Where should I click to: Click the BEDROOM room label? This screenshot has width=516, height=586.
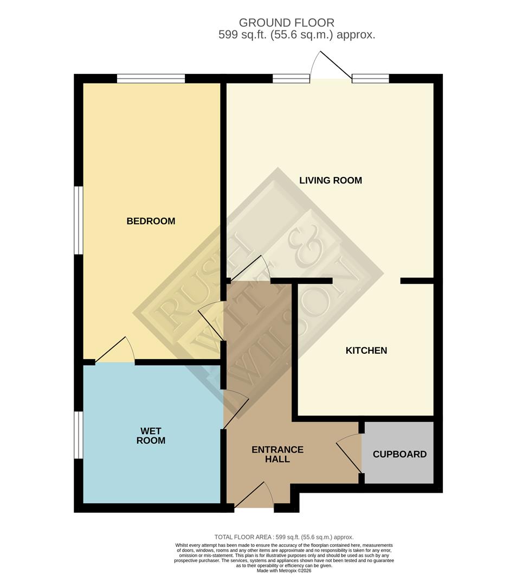click(x=151, y=221)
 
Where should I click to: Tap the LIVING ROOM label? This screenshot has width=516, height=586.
click(x=330, y=180)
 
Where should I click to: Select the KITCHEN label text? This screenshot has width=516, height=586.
click(x=366, y=351)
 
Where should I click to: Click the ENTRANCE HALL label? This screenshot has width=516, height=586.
click(x=278, y=454)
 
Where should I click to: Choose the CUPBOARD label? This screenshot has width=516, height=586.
click(x=399, y=454)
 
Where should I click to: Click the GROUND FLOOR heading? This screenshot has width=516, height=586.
click(x=286, y=23)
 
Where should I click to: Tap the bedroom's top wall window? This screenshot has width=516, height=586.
click(x=151, y=79)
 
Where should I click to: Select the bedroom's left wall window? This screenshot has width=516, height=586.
click(x=79, y=220)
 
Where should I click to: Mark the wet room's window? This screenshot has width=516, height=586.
click(x=79, y=435)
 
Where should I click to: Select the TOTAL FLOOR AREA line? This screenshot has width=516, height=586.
click(x=284, y=537)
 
